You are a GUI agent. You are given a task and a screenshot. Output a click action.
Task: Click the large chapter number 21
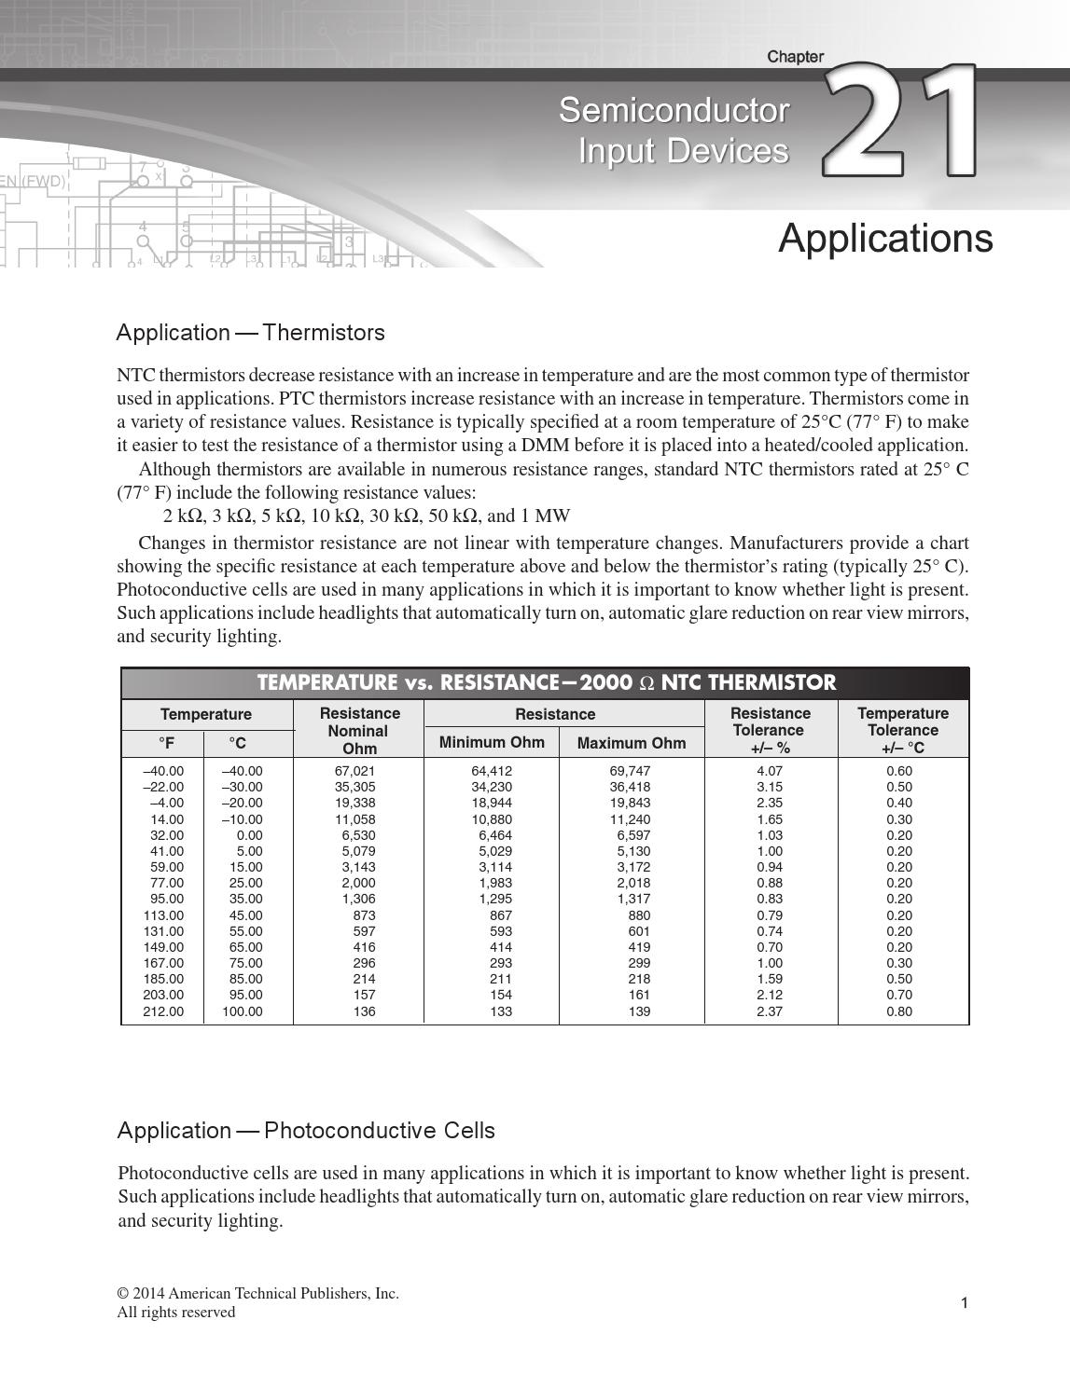pyautogui.click(x=900, y=121)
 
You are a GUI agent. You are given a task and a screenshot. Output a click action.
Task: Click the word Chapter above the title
pyautogui.click(x=795, y=57)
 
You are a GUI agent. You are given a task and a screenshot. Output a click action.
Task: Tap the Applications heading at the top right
pyautogui.click(x=884, y=238)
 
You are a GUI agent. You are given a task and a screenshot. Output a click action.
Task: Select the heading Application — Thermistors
pyautogui.click(x=250, y=333)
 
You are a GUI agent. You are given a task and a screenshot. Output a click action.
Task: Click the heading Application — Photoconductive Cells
pyautogui.click(x=306, y=1130)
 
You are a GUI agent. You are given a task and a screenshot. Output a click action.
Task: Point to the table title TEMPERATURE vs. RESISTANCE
pyautogui.click(x=546, y=682)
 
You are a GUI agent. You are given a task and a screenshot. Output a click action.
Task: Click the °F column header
pyautogui.click(x=165, y=743)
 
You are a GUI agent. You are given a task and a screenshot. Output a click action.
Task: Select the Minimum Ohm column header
pyautogui.click(x=491, y=742)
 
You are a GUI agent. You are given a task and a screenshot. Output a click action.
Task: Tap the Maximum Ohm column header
pyautogui.click(x=631, y=743)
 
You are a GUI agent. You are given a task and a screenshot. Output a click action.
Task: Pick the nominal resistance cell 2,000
pyautogui.click(x=358, y=883)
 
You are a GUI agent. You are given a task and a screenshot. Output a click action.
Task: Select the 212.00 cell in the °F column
pyautogui.click(x=163, y=1011)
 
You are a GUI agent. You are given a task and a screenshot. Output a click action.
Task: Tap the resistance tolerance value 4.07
pyautogui.click(x=769, y=771)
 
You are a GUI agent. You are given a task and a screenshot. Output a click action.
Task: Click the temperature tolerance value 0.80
pyautogui.click(x=899, y=1011)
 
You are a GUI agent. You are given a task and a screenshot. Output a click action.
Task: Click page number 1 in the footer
pyautogui.click(x=965, y=1302)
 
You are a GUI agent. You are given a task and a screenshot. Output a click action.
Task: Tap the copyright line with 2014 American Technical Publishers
pyautogui.click(x=257, y=1293)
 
